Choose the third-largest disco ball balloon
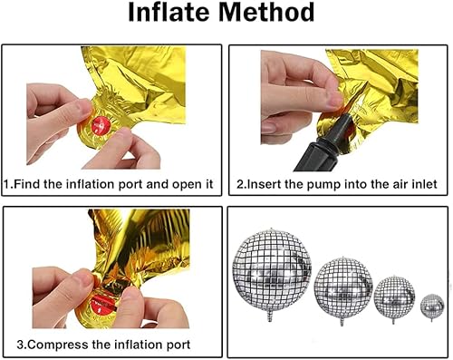[394, 295]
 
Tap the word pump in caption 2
[332, 184]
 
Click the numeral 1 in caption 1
[8, 184]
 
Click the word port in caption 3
[174, 345]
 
